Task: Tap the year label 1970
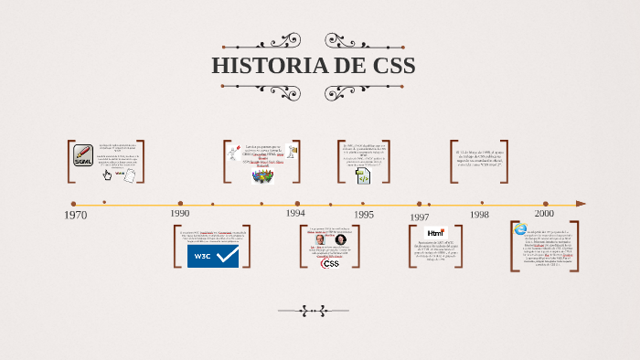click(x=75, y=216)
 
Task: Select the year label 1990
click(x=179, y=213)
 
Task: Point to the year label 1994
click(x=294, y=212)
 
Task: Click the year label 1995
click(x=364, y=215)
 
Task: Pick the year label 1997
click(x=419, y=217)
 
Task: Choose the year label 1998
click(x=479, y=214)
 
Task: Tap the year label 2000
click(x=544, y=212)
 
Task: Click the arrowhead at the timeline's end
click(x=581, y=204)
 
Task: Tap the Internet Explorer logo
click(x=520, y=229)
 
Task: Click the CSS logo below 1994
click(x=330, y=263)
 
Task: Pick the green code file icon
click(x=362, y=176)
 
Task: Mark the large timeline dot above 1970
click(x=73, y=204)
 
